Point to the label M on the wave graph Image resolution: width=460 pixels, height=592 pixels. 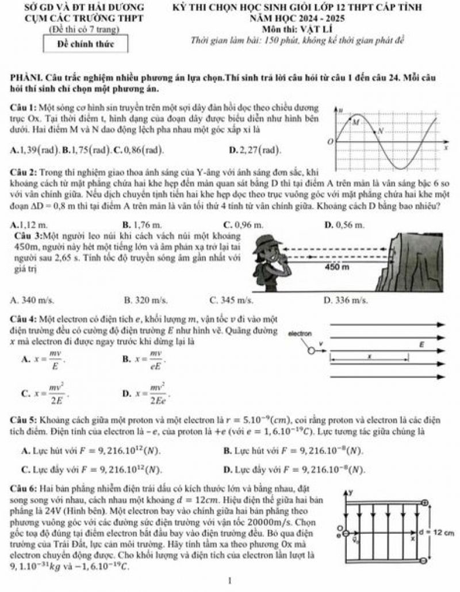click(355, 122)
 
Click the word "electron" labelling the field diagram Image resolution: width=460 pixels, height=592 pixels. click(300, 333)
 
